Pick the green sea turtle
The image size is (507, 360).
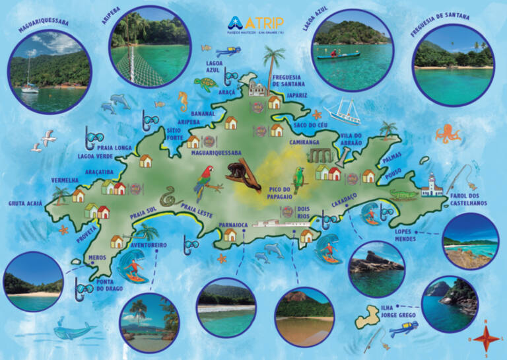(x=206, y=84)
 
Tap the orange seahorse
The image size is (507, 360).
(x=183, y=102)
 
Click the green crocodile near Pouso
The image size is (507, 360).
(x=403, y=194)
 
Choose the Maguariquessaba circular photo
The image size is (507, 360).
(x=50, y=69)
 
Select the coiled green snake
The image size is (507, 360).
(x=171, y=196)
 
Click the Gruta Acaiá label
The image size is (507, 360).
(x=26, y=203)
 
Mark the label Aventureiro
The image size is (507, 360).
(x=148, y=244)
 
